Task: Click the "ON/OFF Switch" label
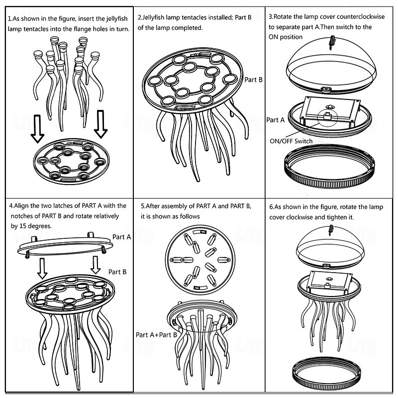click(x=291, y=141)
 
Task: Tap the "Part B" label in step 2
click(x=253, y=80)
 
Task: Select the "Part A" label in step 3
click(x=276, y=120)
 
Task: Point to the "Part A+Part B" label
click(x=156, y=335)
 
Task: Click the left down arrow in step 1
click(x=38, y=129)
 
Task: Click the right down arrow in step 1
click(x=101, y=124)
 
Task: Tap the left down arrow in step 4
click(x=42, y=269)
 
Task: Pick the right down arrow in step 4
click(x=96, y=265)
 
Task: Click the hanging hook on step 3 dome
click(x=331, y=43)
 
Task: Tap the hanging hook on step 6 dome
click(x=330, y=230)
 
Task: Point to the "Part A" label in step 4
click(x=121, y=237)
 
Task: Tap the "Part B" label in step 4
click(x=117, y=272)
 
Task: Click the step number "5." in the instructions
click(x=143, y=206)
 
